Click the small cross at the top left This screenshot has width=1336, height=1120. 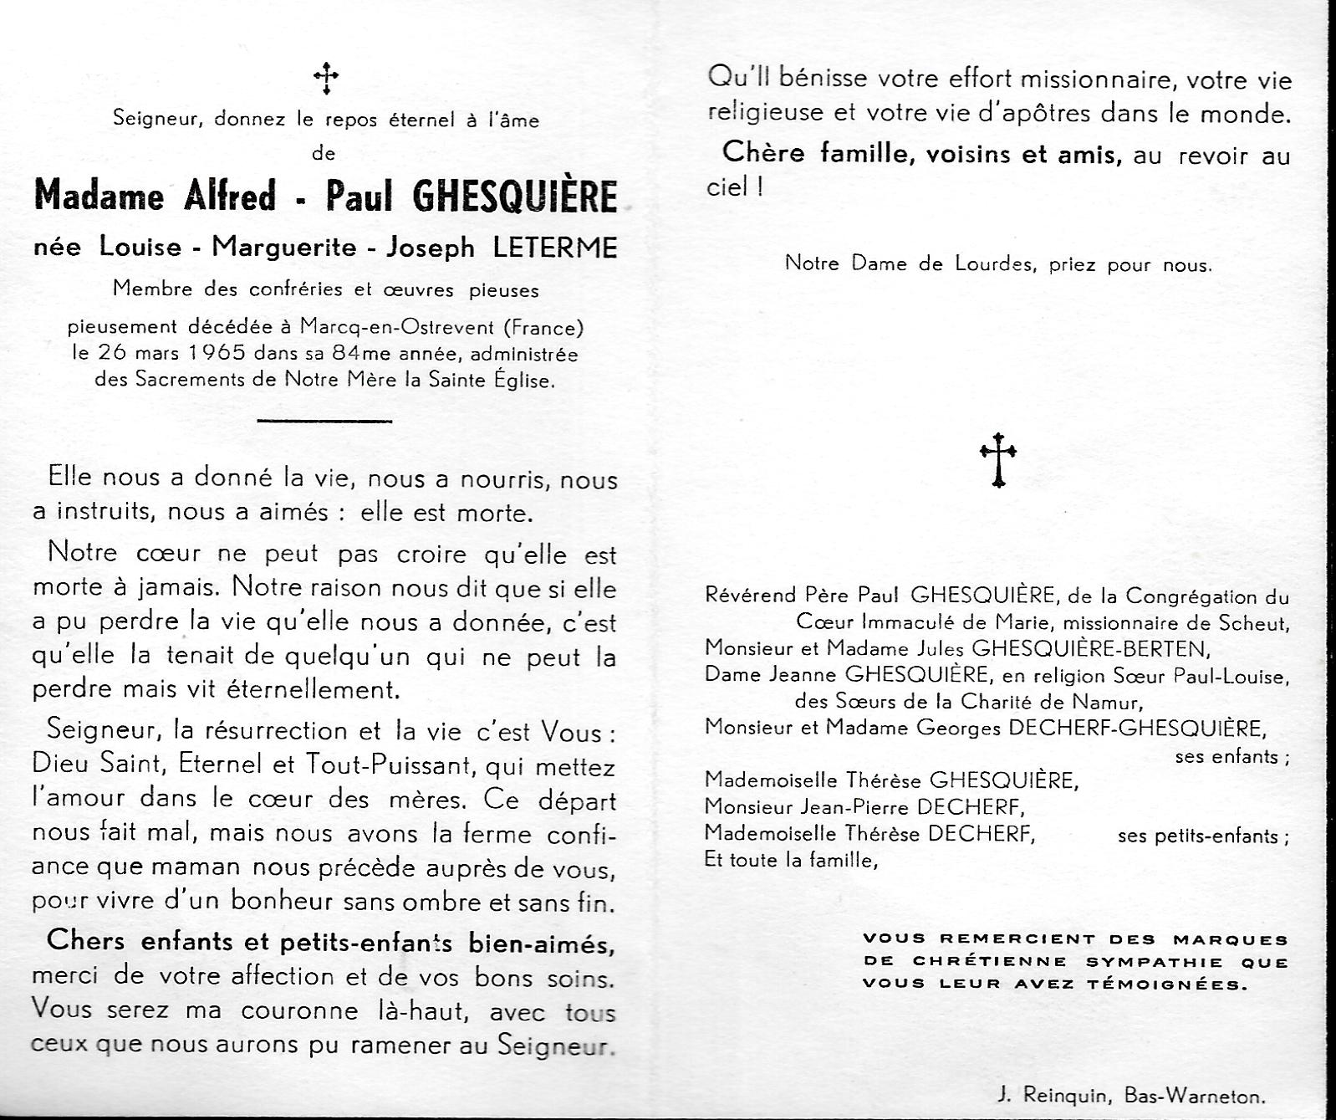tap(325, 79)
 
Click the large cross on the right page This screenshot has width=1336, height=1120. tap(997, 458)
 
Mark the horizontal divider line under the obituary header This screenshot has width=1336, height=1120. tap(324, 421)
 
